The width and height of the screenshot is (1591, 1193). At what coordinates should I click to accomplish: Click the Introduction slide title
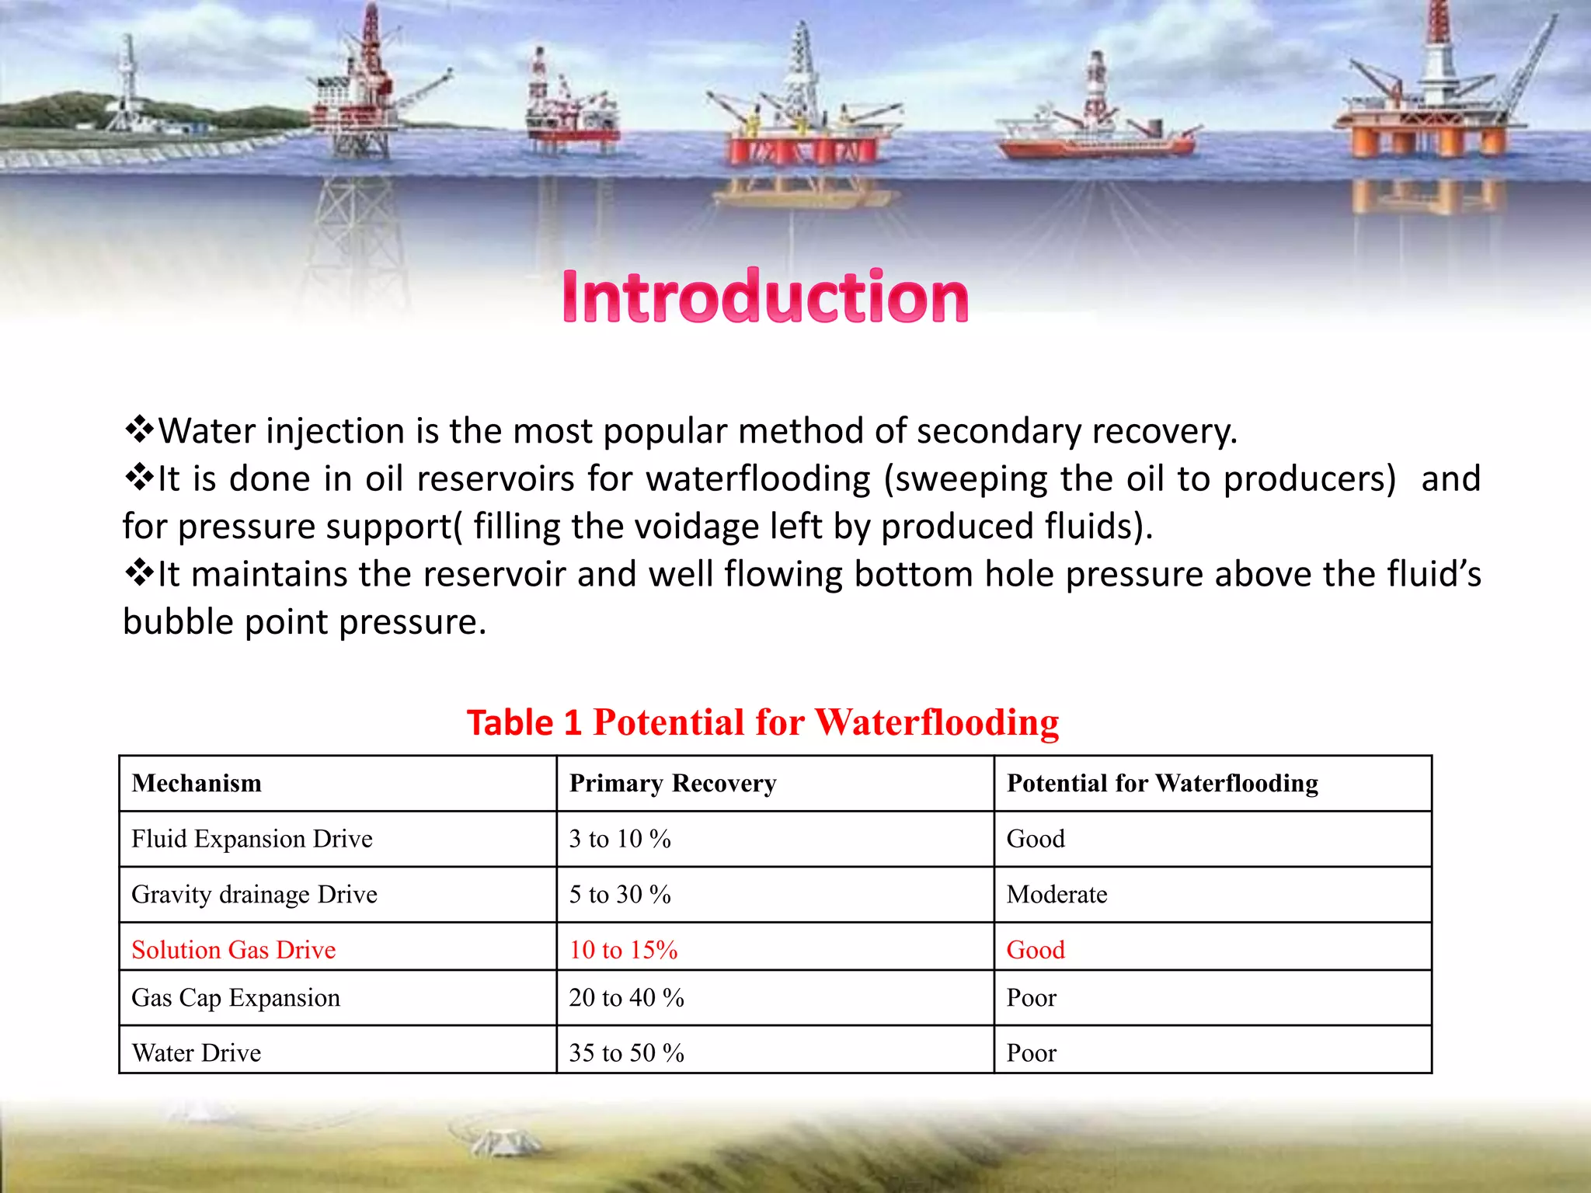point(765,297)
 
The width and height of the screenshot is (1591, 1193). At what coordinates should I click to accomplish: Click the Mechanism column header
point(197,783)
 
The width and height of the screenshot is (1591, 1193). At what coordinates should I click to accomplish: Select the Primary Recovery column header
point(673,783)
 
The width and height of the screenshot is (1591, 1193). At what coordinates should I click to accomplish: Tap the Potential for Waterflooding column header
point(1162,783)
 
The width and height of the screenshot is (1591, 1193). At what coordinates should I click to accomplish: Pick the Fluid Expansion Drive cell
point(252,839)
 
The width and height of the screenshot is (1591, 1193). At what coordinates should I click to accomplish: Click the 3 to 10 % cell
point(619,839)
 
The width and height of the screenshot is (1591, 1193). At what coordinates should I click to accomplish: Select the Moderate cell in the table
point(1057,895)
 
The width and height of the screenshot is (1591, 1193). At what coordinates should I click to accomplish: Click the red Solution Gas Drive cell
point(233,949)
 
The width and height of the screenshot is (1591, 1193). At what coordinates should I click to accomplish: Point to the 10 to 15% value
point(623,949)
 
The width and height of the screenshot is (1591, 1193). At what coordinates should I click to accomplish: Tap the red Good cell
point(1036,949)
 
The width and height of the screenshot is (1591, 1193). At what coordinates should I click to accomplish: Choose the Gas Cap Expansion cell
point(235,997)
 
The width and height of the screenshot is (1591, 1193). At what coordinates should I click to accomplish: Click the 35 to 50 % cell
point(626,1053)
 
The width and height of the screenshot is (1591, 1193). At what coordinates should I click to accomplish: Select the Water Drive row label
point(196,1053)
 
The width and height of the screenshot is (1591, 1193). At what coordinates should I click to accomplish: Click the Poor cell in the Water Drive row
point(1031,1053)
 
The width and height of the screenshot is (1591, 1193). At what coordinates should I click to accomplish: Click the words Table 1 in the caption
point(524,723)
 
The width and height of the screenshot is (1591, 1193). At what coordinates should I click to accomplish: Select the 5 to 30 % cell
point(619,895)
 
